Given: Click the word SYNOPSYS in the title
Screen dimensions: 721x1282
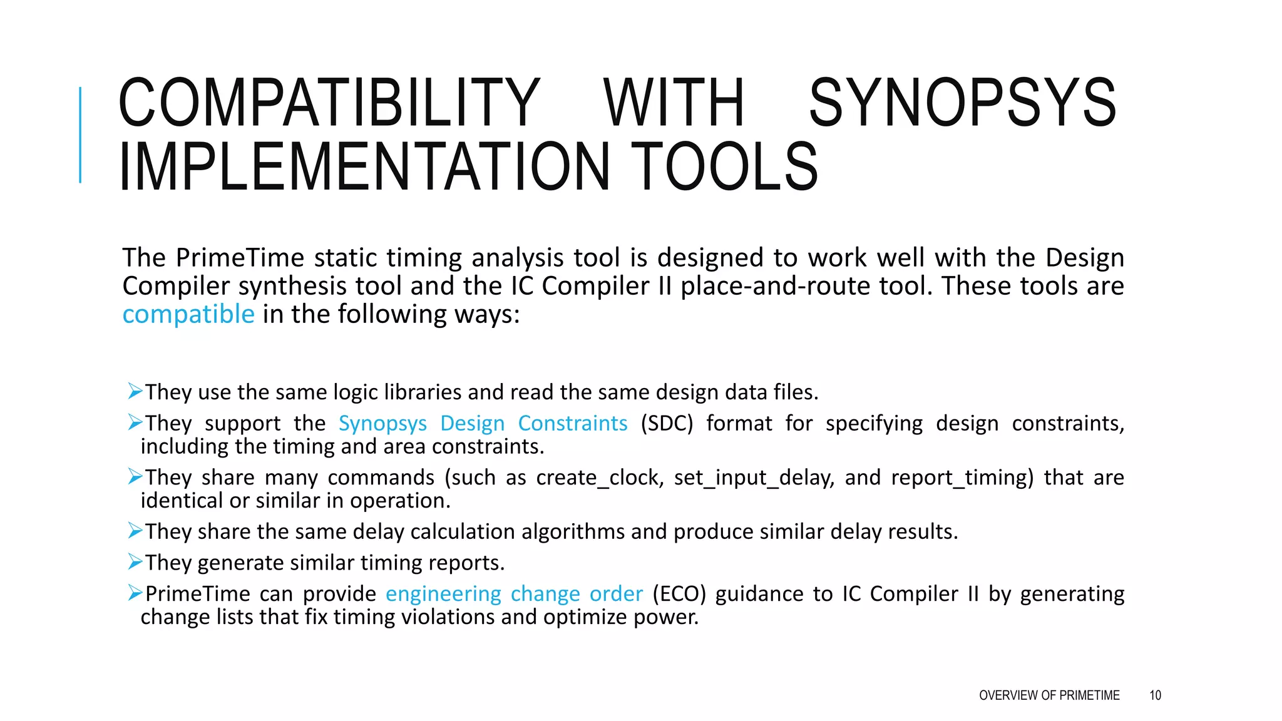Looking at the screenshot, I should [x=963, y=103].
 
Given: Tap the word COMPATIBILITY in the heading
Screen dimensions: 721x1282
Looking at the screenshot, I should [x=329, y=103].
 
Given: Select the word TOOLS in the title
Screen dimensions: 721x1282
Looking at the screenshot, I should [x=724, y=166].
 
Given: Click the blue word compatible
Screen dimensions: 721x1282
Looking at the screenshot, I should [x=188, y=314].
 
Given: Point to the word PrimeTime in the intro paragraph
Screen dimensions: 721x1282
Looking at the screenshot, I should [x=240, y=258].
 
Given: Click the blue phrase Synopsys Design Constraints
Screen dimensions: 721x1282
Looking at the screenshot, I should [x=483, y=424].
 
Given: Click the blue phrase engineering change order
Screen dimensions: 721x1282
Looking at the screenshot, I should [x=514, y=594].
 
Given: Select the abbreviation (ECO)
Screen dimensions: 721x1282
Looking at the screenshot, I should [x=679, y=594].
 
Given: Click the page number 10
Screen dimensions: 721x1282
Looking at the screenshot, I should [x=1155, y=695].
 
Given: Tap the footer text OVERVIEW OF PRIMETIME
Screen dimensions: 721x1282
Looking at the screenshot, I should [x=1049, y=695].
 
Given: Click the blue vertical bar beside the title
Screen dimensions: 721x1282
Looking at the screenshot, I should [x=80, y=135].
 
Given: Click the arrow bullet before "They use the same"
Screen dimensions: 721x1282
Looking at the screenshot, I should [x=135, y=392].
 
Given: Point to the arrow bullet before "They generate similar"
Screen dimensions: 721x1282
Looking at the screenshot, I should [x=135, y=562].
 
